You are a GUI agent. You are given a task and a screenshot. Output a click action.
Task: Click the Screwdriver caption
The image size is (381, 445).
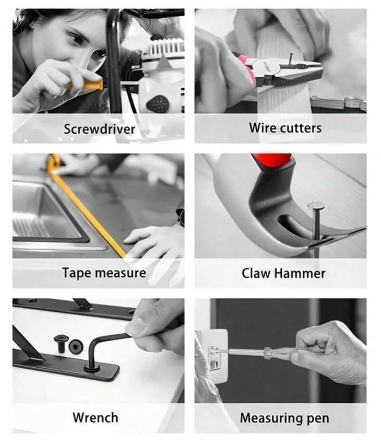pyautogui.click(x=99, y=129)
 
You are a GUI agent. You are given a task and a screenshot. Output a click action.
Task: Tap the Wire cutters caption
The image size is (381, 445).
pyautogui.click(x=285, y=128)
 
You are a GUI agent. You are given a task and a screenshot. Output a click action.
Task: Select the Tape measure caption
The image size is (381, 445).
pyautogui.click(x=104, y=273)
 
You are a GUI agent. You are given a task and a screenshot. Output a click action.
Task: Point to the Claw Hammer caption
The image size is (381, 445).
pyautogui.click(x=283, y=273)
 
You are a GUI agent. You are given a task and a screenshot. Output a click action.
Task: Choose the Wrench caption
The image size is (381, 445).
pyautogui.click(x=96, y=417)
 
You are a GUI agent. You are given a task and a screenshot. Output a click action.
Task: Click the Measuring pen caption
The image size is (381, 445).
pyautogui.click(x=284, y=418)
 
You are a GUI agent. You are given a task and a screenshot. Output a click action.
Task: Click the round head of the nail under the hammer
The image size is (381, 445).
pyautogui.click(x=316, y=205)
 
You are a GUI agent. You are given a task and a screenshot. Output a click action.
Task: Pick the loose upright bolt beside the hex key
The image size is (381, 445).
pyautogui.click(x=61, y=343)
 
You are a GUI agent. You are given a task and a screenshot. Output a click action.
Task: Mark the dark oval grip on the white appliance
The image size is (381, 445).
pyautogui.click(x=158, y=104)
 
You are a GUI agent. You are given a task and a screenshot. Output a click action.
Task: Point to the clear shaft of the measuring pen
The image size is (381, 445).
pyautogui.click(x=246, y=352)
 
